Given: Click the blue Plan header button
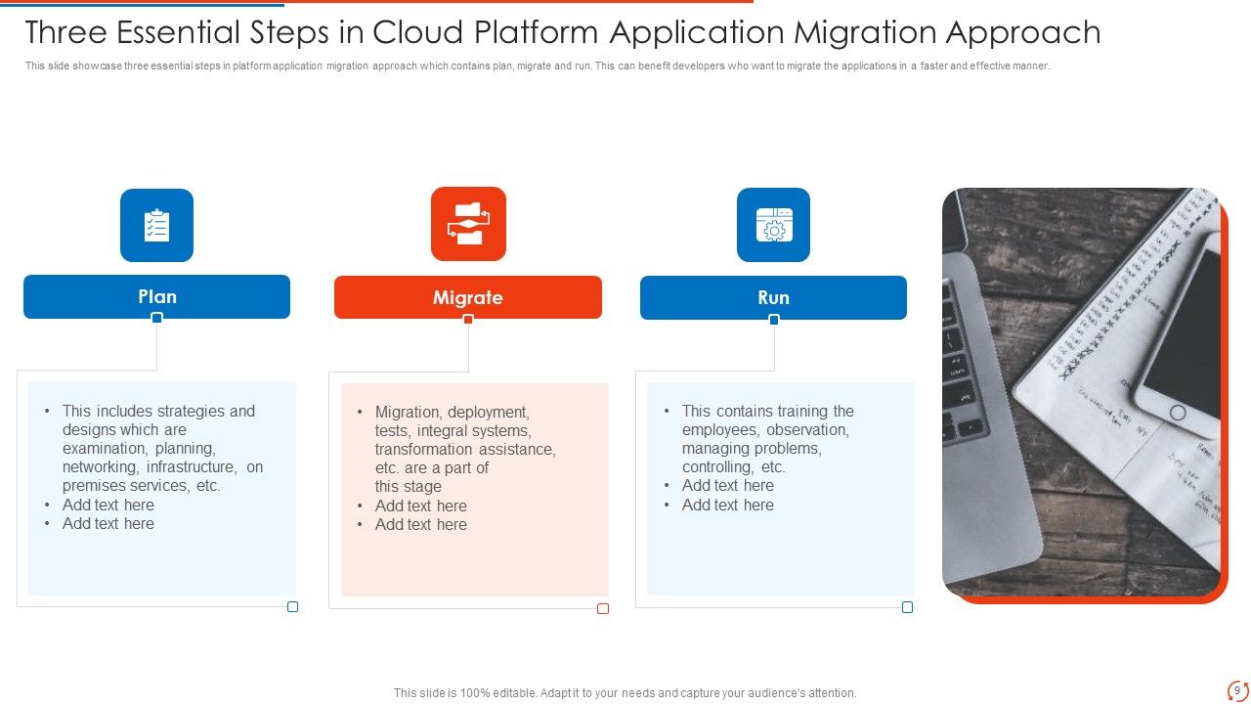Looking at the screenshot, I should [156, 296].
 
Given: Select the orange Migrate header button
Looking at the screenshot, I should [467, 297].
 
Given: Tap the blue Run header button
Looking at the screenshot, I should [773, 297].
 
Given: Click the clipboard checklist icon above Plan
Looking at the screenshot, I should [156, 225].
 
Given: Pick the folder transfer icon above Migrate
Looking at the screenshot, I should [468, 224].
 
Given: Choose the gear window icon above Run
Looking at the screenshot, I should [773, 225].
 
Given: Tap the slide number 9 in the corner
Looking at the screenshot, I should [1237, 690].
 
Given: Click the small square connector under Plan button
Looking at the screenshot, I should [156, 318].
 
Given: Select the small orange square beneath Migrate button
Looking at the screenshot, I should [468, 319].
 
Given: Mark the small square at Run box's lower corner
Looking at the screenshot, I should [907, 607].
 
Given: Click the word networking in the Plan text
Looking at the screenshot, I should [100, 467].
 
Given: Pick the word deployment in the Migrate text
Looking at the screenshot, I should [488, 412].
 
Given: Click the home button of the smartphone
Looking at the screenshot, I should [1178, 413].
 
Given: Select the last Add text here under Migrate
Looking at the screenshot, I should [420, 524].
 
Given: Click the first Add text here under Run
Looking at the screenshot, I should [727, 486].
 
